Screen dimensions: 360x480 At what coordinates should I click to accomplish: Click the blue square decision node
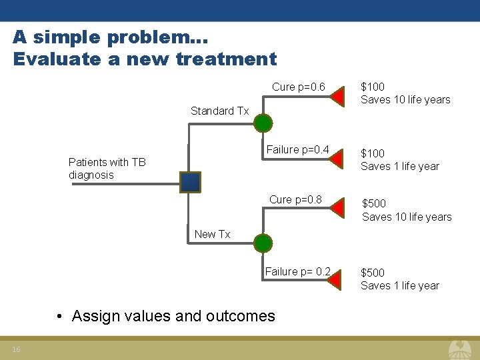click(190, 182)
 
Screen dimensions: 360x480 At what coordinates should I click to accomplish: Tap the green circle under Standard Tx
click(264, 123)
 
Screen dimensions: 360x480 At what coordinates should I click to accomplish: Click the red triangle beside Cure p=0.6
click(337, 97)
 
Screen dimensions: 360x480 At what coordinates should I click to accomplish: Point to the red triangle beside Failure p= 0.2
click(337, 280)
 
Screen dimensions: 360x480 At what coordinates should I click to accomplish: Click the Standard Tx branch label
click(219, 111)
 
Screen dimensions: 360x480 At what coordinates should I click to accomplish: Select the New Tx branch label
click(212, 234)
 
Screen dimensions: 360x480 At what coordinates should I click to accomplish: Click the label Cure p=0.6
click(298, 87)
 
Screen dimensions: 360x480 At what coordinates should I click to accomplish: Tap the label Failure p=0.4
click(297, 149)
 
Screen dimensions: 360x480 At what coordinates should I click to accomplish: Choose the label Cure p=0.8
click(295, 199)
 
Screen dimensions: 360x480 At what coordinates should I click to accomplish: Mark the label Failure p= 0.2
click(297, 271)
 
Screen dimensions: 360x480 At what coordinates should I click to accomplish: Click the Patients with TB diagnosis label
click(107, 168)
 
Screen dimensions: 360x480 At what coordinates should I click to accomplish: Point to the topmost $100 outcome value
click(373, 87)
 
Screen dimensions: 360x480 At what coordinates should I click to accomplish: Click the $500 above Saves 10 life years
click(374, 203)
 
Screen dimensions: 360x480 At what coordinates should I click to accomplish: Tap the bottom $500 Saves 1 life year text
click(399, 279)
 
